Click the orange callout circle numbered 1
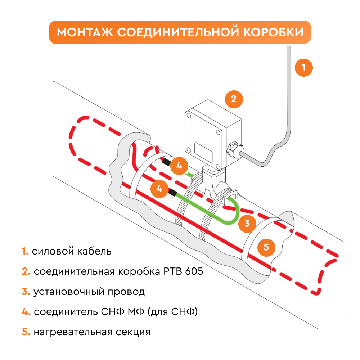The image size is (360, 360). coord(303,67)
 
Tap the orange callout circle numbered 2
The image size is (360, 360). coord(234,99)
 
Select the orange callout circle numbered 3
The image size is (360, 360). coord(247,223)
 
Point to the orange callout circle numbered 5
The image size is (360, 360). coord(266,247)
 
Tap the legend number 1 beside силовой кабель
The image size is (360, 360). coord(24,251)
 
